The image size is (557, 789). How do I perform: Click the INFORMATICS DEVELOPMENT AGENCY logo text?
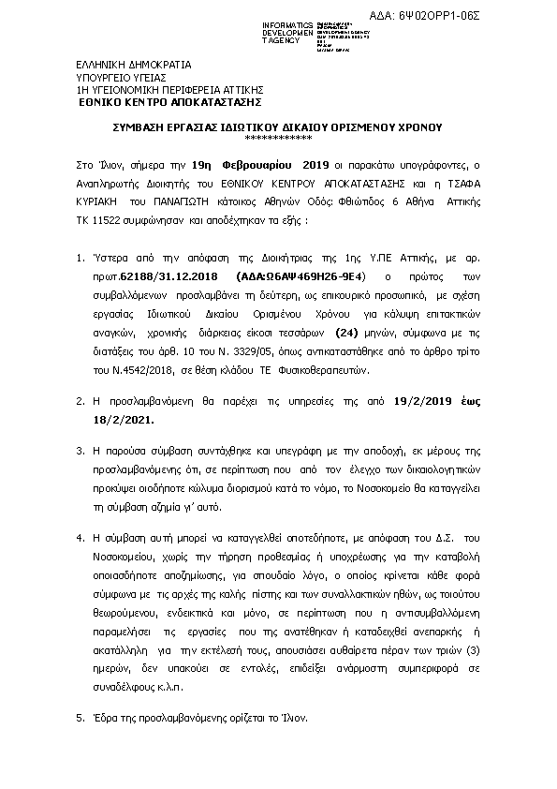[266, 32]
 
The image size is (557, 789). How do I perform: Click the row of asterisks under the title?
[277, 137]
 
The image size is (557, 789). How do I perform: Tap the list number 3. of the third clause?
[80, 451]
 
